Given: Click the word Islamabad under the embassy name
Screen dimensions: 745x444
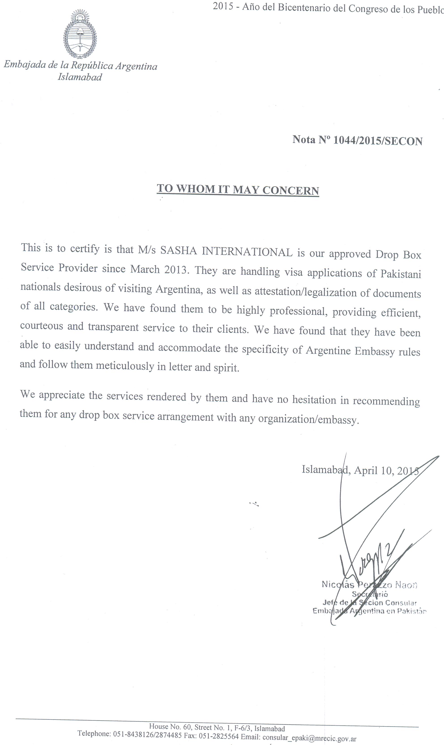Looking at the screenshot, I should tap(80, 77).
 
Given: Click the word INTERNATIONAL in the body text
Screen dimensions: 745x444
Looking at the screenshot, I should tap(247, 252).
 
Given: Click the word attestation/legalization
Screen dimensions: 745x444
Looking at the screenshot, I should tap(305, 292).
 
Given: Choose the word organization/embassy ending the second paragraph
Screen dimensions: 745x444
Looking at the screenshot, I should tap(308, 420).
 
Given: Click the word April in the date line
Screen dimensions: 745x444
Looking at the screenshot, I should tap(366, 470).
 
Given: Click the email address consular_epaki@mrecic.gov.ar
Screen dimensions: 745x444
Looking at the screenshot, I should tap(309, 739).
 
